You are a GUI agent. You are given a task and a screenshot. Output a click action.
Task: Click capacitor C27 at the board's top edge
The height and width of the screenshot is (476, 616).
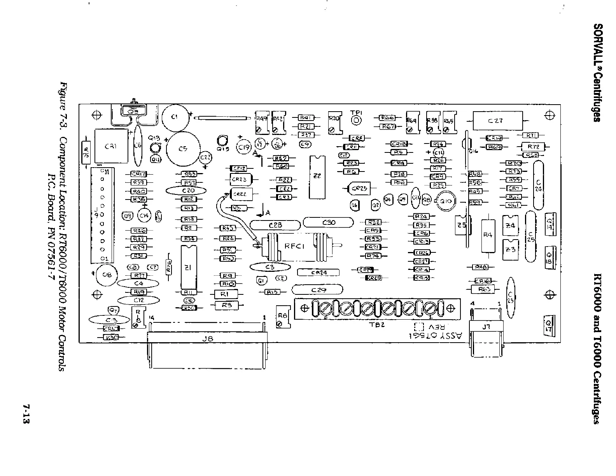(x=498, y=121)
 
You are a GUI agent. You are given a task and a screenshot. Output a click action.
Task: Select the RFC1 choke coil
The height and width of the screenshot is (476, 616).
(x=296, y=246)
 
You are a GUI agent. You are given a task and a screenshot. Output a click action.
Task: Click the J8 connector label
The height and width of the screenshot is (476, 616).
(x=207, y=339)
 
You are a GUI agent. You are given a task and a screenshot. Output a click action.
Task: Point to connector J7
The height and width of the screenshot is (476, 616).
(x=486, y=327)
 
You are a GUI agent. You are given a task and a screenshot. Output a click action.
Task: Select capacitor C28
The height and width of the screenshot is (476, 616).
(x=275, y=225)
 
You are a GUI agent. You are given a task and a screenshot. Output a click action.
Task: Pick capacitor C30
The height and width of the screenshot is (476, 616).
(x=328, y=222)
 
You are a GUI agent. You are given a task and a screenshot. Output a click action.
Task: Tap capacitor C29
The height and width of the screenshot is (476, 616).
(x=317, y=290)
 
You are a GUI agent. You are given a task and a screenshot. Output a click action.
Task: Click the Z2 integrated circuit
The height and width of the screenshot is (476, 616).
(x=317, y=177)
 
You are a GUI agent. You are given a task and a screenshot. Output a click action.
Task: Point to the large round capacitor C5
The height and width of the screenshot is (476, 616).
(x=183, y=149)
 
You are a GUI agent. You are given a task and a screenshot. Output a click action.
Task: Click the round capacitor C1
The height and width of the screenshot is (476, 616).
(x=175, y=117)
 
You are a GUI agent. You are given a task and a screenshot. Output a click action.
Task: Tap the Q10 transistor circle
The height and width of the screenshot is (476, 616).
(x=445, y=201)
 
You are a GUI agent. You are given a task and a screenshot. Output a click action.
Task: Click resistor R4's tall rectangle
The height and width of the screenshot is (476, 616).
(x=488, y=235)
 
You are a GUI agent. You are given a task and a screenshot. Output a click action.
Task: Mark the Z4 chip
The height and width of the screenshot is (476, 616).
(x=511, y=226)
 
